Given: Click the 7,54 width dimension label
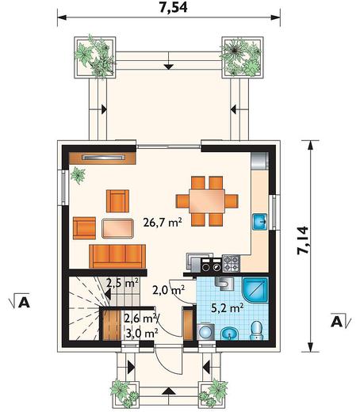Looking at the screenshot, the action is (173, 7).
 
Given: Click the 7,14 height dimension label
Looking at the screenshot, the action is (302, 240).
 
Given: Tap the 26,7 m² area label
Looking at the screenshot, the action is (163, 222).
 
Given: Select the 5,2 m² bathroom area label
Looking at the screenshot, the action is (228, 307).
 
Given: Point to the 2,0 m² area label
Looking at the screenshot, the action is (168, 290).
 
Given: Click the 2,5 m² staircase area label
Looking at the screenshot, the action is (122, 283).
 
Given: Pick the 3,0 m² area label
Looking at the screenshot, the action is (142, 334).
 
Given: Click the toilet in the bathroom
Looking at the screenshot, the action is (256, 330).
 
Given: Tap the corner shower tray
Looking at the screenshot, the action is (255, 290).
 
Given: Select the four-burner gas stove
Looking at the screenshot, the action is (231, 263).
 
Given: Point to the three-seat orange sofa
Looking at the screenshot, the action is (117, 256).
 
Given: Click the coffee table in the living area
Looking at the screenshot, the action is (117, 228).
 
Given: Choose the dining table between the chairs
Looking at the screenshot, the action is (207, 201).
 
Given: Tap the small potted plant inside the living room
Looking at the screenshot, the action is (78, 175).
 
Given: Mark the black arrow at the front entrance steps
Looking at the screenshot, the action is (168, 391).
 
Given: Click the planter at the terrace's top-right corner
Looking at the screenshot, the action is (242, 57).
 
